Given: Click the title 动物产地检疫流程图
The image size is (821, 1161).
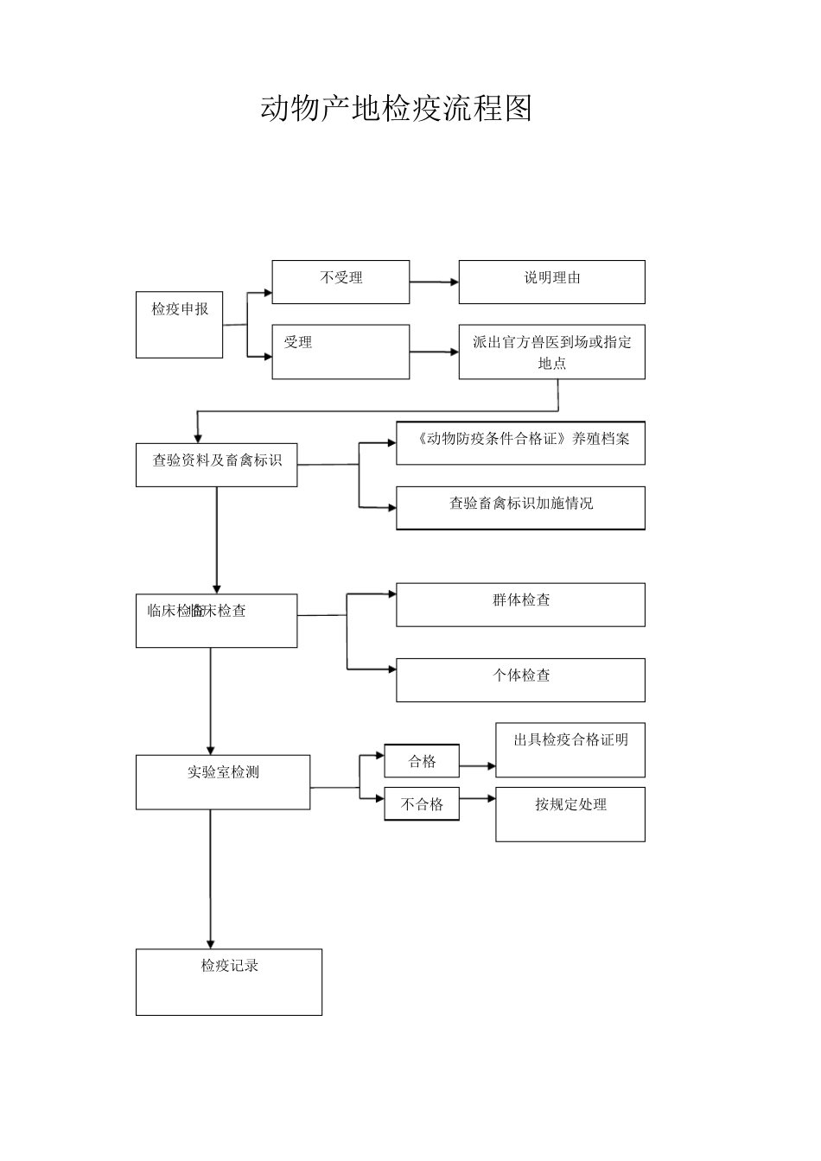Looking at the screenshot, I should tap(396, 109).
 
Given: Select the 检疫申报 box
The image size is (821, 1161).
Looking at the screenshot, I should tap(179, 325).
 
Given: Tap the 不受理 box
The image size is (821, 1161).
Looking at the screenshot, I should tap(340, 282).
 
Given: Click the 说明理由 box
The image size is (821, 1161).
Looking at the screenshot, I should tap(551, 282).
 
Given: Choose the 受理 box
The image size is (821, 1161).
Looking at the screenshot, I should tap(340, 352).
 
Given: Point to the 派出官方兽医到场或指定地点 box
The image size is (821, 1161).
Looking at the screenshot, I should tap(551, 352).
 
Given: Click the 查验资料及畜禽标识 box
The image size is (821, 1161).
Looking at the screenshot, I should tap(216, 465).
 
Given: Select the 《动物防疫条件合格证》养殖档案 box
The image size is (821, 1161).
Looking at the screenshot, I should tap(520, 442).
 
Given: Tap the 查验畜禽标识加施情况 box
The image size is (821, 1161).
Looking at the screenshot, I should tap(520, 507).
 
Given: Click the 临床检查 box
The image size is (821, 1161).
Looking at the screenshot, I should tap(216, 620).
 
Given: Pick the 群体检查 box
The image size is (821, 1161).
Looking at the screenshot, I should tap(520, 605).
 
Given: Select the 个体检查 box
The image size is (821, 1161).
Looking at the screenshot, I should tap(520, 680).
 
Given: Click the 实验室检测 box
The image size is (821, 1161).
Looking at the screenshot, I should tap(223, 782).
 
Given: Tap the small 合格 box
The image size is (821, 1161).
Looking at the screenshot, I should tap(422, 761).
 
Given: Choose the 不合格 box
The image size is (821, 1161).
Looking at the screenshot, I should tap(422, 804).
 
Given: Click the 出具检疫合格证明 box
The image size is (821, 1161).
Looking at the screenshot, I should tap(570, 750).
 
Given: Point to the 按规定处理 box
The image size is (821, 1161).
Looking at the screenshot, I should tap(570, 814).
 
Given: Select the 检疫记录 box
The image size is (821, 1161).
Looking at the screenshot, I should tap(229, 982).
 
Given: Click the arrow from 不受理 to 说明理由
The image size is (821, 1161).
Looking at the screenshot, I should tap(434, 282).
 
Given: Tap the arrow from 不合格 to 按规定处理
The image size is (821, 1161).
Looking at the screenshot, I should tap(477, 799).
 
